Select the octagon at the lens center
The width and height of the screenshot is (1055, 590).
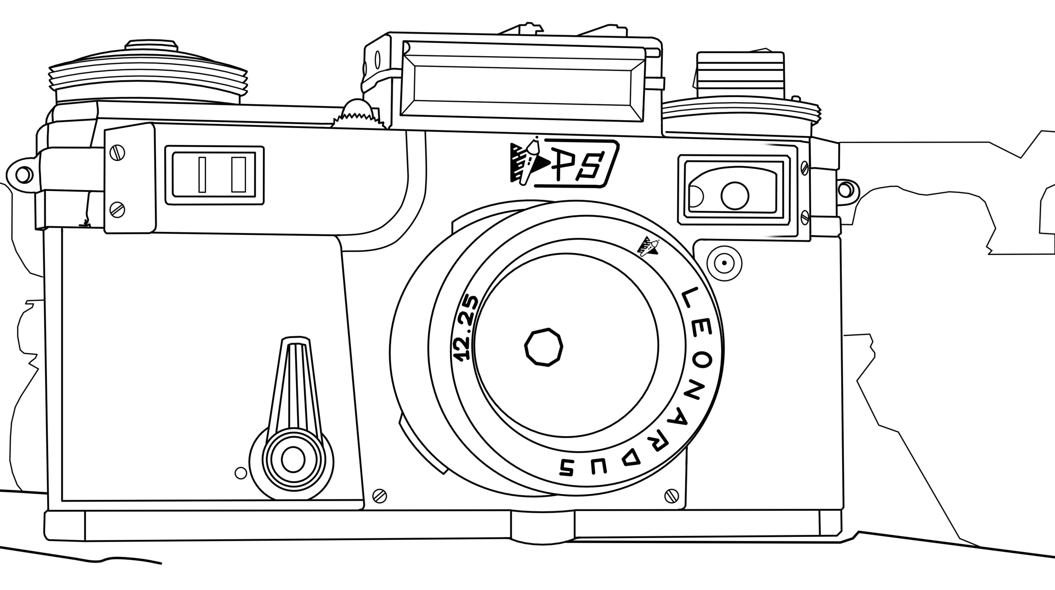(x=544, y=347)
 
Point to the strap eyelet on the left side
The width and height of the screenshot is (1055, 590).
(x=23, y=174)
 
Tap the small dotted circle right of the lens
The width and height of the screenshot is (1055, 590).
(x=724, y=263)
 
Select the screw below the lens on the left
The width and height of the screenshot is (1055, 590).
(x=380, y=496)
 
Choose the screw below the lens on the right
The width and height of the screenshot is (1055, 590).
(x=671, y=496)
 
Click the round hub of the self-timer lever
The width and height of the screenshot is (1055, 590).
(x=293, y=460)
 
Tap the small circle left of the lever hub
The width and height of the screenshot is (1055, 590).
(x=241, y=473)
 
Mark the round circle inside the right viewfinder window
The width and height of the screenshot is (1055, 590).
(x=735, y=196)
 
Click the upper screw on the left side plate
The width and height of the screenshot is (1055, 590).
(x=117, y=152)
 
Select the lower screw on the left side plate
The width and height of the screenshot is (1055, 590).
(x=117, y=209)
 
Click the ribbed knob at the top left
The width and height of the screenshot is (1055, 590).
(x=148, y=76)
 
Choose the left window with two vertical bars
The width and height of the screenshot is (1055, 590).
(x=214, y=175)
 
